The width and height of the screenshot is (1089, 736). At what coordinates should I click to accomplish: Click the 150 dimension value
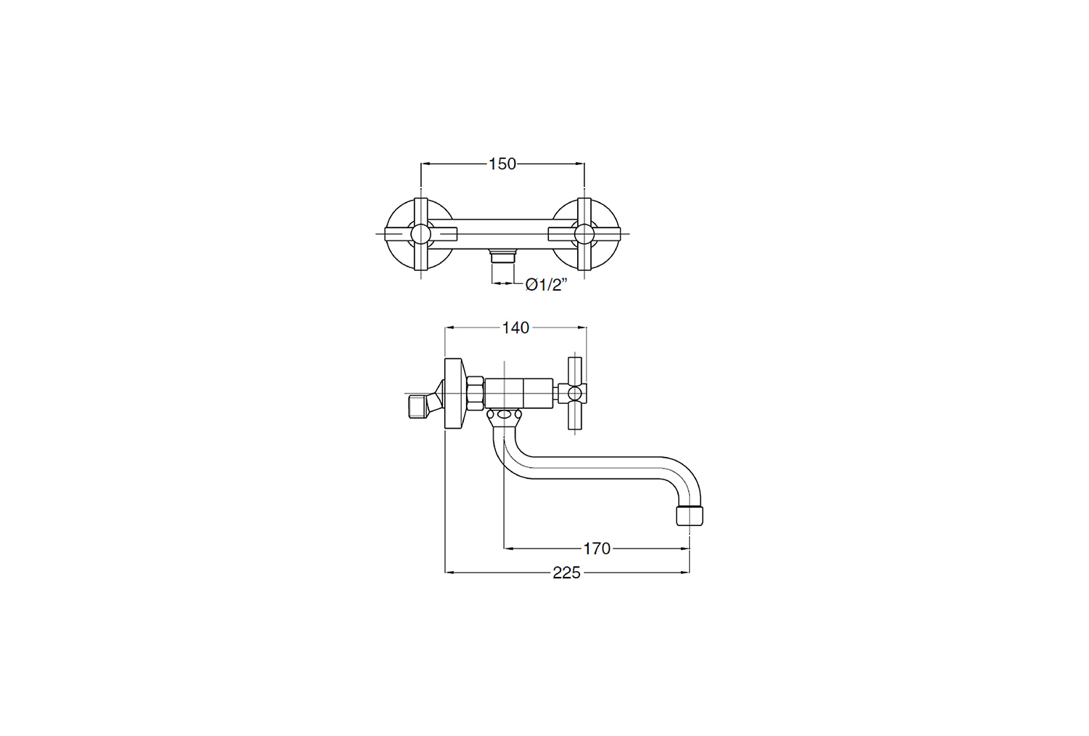coord(502,164)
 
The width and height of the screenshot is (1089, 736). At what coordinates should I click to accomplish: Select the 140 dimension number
coord(515,328)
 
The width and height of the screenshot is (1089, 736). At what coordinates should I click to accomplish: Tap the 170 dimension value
coord(597,549)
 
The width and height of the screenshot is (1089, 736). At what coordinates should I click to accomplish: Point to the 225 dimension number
coord(566,573)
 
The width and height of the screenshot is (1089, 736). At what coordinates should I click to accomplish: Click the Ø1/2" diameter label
coord(547,285)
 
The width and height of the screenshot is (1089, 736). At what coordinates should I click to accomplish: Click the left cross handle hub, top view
coord(420,234)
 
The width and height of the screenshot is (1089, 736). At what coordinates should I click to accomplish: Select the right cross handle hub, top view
coord(584,234)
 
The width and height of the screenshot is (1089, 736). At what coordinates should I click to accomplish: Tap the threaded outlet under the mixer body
coord(502,256)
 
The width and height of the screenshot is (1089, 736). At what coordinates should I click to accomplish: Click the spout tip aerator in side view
coord(690,516)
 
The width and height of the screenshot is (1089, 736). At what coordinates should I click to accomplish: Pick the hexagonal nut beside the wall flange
coord(475,394)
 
